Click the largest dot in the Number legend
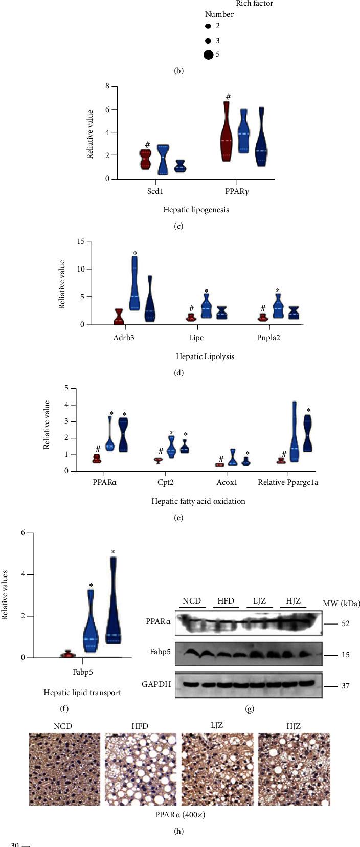[x=208, y=55]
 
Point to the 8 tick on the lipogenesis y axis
[x=107, y=86]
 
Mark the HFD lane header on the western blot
[x=226, y=600]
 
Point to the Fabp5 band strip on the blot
[x=249, y=654]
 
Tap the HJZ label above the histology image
[x=294, y=726]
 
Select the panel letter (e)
[x=178, y=517]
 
